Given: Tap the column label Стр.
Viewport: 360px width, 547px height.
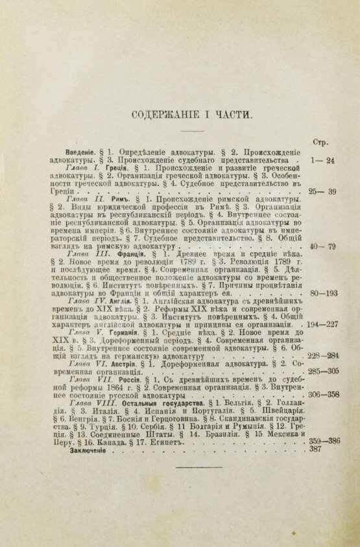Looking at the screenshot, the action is point(320,142).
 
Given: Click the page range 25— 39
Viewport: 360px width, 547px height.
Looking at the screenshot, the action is point(322,192).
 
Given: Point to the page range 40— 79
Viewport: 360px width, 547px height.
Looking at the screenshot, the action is point(322,247).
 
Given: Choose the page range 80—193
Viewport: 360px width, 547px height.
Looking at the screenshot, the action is point(321,293).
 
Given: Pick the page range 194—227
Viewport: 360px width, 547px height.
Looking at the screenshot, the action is point(321,325).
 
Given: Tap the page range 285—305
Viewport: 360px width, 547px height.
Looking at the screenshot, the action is point(321,372).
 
